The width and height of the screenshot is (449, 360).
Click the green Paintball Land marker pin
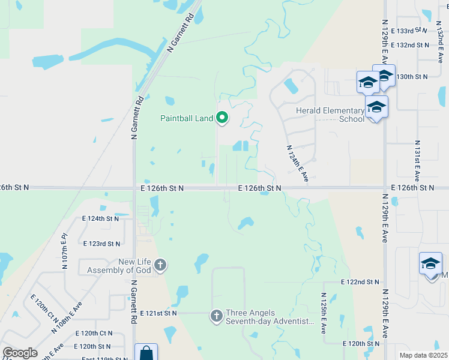222,118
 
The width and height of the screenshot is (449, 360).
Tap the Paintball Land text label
187,118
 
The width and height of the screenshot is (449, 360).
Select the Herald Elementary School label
330,115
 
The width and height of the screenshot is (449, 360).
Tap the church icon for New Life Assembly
160,265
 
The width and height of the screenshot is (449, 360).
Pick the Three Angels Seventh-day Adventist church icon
217,315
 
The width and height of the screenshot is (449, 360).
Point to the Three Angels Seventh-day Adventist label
270,317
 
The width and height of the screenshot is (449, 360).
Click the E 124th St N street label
101,218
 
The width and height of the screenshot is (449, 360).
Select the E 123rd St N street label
101,244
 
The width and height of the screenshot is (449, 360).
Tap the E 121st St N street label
158,313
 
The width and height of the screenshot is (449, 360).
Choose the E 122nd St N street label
360,281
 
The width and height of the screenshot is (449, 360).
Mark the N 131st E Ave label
416,161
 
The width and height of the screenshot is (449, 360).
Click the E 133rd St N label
409,31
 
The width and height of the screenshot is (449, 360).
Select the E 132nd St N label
409,45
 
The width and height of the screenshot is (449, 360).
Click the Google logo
19,353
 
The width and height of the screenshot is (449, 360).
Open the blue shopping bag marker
146,353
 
